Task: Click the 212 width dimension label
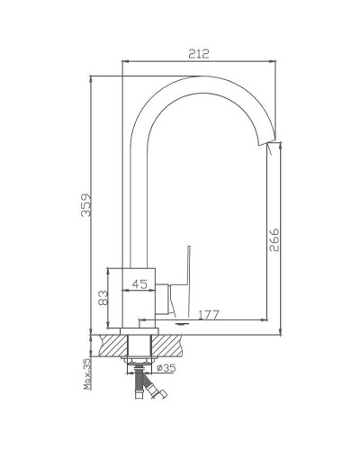coord(198,54)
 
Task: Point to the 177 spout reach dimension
coord(209,315)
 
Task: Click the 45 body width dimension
coord(139,283)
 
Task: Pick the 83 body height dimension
coord(103,298)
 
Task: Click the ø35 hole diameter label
coord(166,367)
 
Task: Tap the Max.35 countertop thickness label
coord(87,373)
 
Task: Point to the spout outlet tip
coord(267,143)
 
